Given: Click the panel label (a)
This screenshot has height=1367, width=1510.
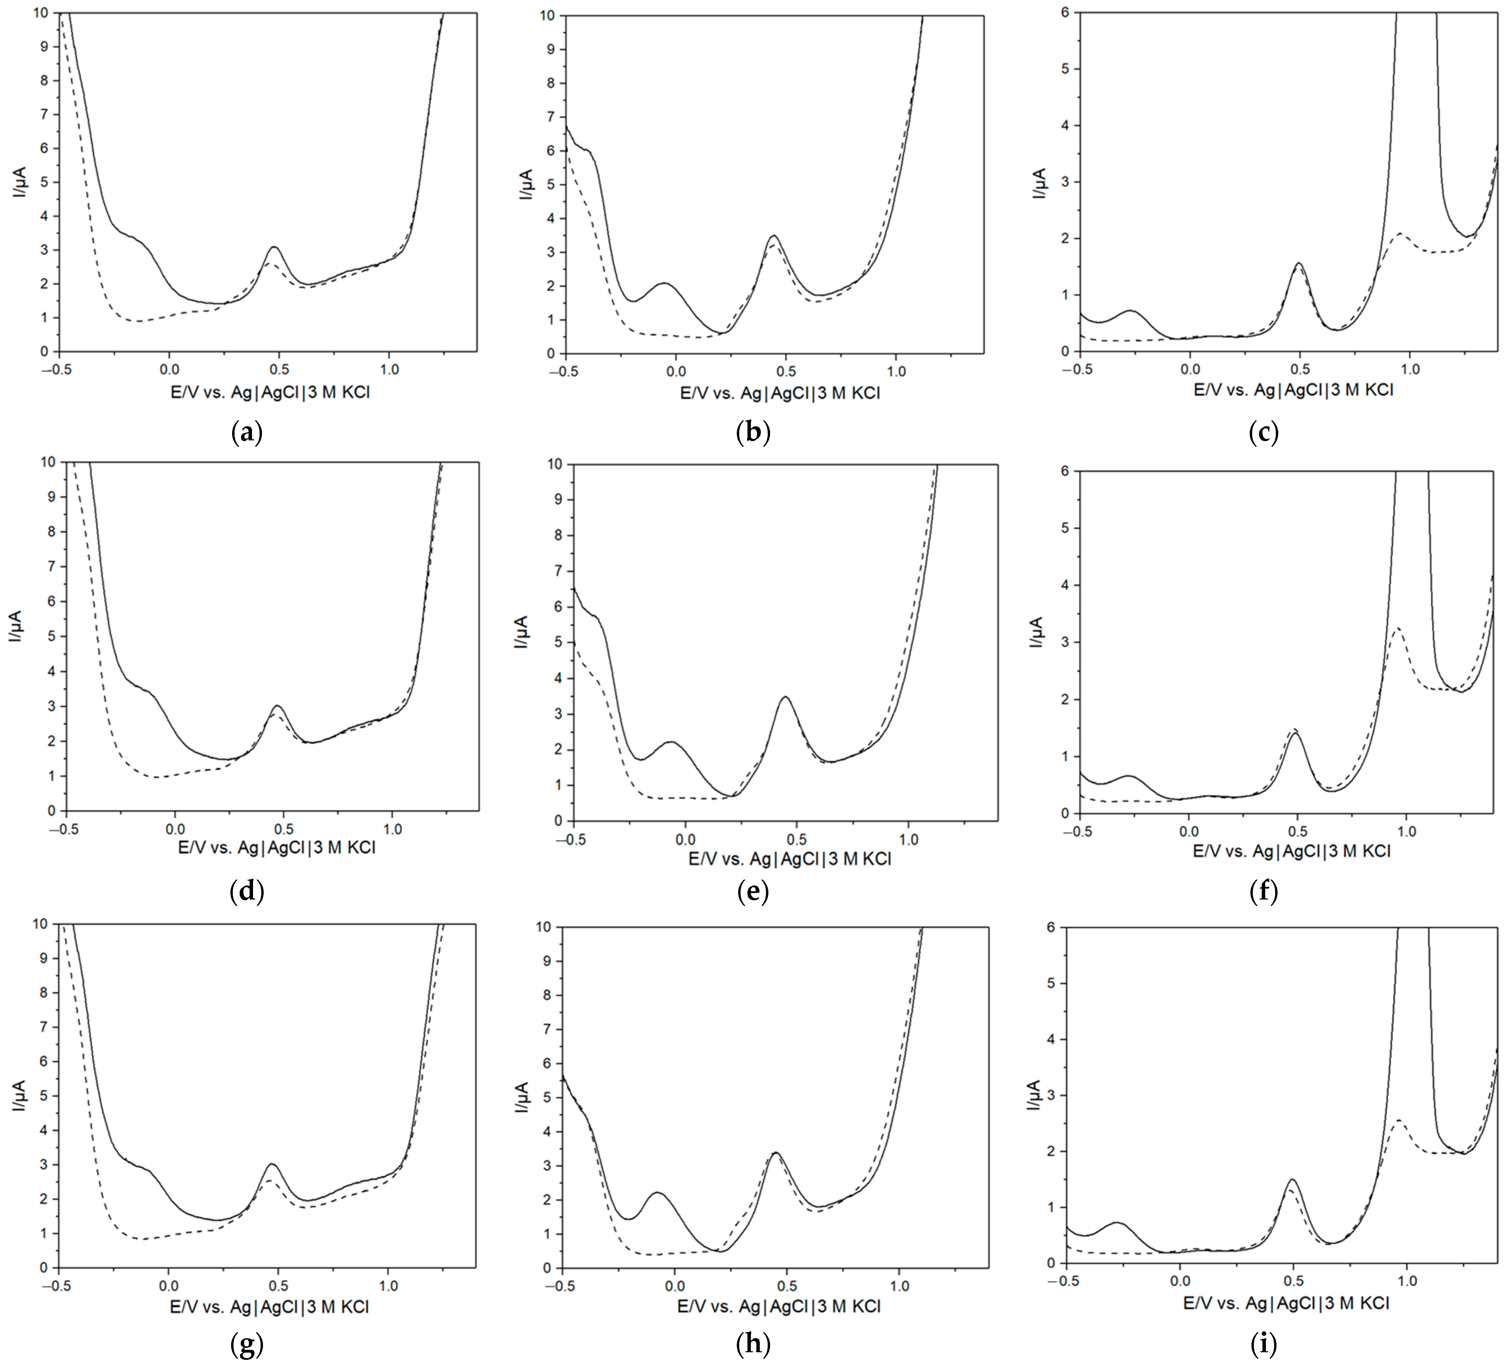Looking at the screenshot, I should (x=247, y=433).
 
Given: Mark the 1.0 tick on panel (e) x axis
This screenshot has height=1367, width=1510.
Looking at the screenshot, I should (x=909, y=841).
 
